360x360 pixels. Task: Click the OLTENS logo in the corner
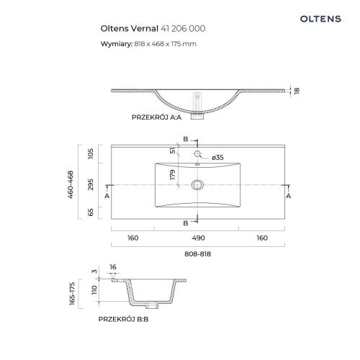click(x=320, y=19)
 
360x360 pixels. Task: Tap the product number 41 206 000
click(x=183, y=29)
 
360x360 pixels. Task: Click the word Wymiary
click(x=117, y=44)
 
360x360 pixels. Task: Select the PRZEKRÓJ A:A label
click(x=156, y=117)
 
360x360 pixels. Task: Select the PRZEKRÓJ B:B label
click(x=123, y=319)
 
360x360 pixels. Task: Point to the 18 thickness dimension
click(x=297, y=91)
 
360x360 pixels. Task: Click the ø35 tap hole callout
click(x=218, y=158)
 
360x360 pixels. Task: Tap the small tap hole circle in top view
click(x=197, y=153)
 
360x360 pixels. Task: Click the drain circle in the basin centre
click(x=197, y=185)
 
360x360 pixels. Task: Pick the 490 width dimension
click(x=199, y=238)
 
